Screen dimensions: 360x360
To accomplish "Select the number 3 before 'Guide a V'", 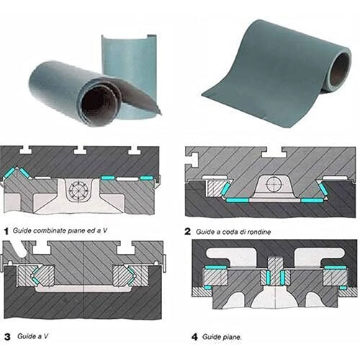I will click(x=7, y=336).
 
